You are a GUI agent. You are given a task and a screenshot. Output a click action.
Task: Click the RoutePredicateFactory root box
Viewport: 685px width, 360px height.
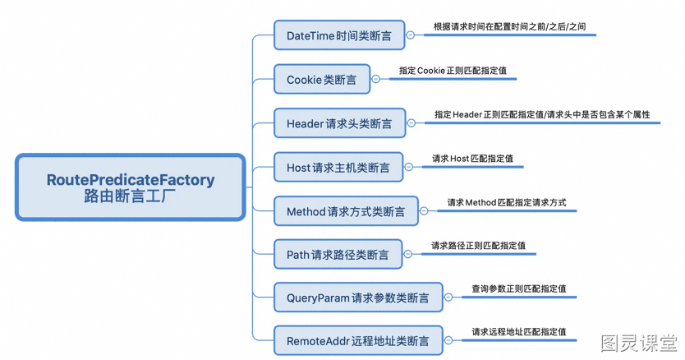(x=131, y=187)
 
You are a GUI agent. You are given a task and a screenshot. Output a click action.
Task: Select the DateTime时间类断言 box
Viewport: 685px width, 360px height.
(x=339, y=35)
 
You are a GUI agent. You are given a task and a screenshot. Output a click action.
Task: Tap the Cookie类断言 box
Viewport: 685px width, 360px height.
(x=322, y=79)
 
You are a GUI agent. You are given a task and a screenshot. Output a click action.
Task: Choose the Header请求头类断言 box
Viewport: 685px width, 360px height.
(x=340, y=123)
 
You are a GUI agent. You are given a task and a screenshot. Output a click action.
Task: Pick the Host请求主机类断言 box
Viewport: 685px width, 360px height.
(x=338, y=167)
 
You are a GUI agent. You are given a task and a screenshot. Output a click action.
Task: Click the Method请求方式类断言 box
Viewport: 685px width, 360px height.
(x=346, y=211)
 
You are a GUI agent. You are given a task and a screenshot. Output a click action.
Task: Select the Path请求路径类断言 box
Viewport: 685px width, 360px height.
(x=338, y=254)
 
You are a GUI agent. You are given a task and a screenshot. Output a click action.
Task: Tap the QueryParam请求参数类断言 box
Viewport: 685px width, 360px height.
(x=358, y=298)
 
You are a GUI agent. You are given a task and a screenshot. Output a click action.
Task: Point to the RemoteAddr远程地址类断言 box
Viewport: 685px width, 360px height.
(x=358, y=341)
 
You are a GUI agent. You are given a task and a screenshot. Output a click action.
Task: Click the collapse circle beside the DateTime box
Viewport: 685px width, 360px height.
(x=411, y=35)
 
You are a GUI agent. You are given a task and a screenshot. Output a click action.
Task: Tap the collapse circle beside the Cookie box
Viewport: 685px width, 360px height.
(x=375, y=79)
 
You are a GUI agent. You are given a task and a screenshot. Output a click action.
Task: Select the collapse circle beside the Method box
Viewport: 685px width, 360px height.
(x=424, y=211)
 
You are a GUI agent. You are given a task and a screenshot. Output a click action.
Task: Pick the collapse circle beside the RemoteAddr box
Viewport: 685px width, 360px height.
(x=448, y=341)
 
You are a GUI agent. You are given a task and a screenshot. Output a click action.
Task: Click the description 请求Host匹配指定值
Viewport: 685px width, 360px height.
(x=473, y=159)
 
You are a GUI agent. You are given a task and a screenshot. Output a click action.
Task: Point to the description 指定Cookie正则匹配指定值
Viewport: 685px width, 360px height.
(x=453, y=71)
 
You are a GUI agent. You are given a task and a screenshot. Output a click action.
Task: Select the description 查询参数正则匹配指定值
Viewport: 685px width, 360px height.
(x=519, y=288)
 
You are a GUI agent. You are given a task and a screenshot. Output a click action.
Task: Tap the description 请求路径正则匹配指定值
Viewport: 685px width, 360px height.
(x=478, y=246)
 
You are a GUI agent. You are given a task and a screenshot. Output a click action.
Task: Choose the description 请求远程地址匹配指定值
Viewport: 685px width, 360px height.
(x=519, y=332)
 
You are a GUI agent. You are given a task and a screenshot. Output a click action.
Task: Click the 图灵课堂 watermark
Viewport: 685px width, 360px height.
(x=639, y=343)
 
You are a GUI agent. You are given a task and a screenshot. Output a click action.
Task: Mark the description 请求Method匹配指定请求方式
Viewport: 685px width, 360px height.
(x=507, y=202)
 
